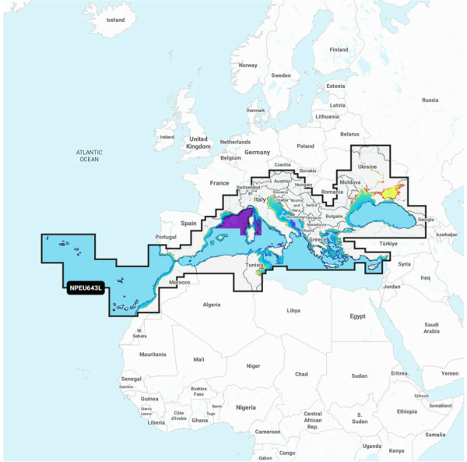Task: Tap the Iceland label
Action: (114, 19)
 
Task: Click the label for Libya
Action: (293, 310)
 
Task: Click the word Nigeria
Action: (245, 407)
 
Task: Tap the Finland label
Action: (339, 50)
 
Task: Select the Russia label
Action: (430, 100)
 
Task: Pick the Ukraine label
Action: (367, 167)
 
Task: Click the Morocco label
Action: (179, 281)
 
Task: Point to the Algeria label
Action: (211, 305)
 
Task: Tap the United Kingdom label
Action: (199, 142)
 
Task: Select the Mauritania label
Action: (153, 354)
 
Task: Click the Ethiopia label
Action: (406, 411)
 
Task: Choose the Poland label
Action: (304, 146)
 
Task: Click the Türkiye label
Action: (388, 244)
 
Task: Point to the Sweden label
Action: (280, 76)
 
